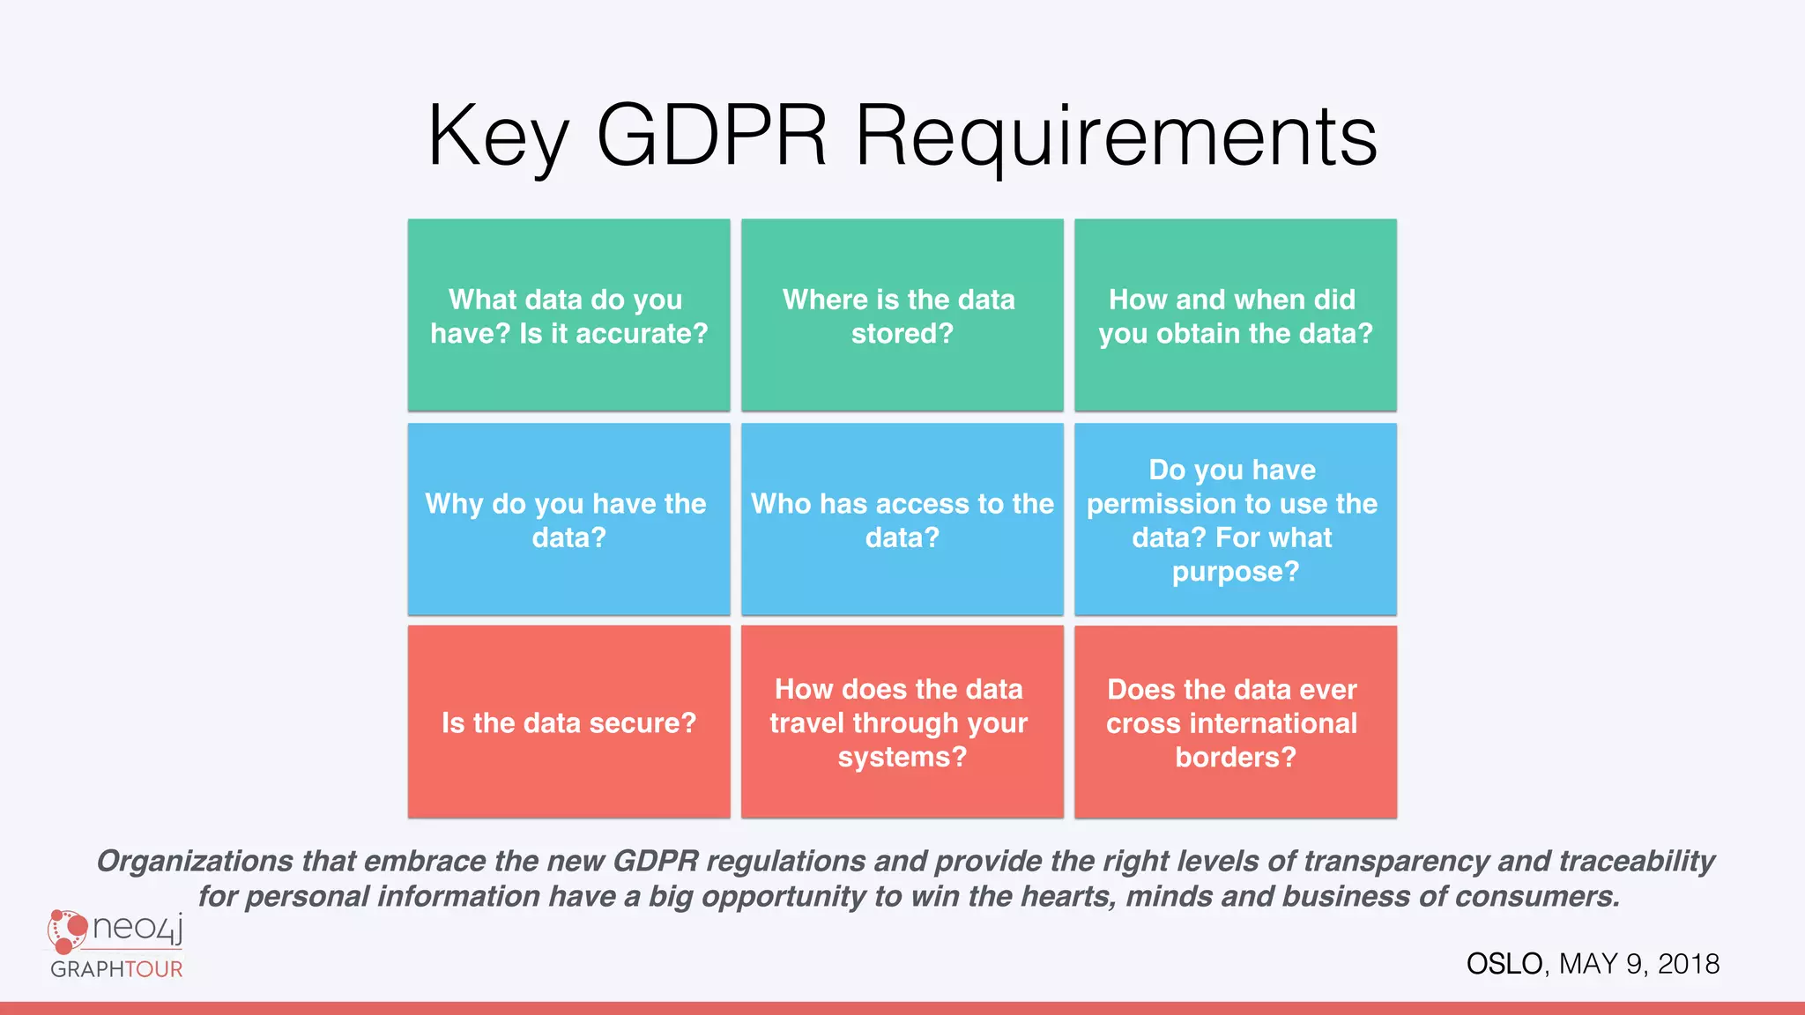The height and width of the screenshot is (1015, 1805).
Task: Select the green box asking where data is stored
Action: (902, 315)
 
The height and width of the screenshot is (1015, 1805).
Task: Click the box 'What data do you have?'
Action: (568, 315)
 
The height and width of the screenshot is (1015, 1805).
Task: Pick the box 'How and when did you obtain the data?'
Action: (1235, 315)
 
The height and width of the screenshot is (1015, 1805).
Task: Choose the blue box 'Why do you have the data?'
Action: (568, 520)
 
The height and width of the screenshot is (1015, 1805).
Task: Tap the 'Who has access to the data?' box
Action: (902, 520)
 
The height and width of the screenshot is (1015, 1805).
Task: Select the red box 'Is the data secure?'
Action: (568, 722)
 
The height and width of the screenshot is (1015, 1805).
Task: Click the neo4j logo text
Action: (137, 927)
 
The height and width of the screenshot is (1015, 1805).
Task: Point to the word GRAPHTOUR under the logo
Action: (116, 969)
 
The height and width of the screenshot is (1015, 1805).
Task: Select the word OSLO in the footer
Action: (1504, 964)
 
